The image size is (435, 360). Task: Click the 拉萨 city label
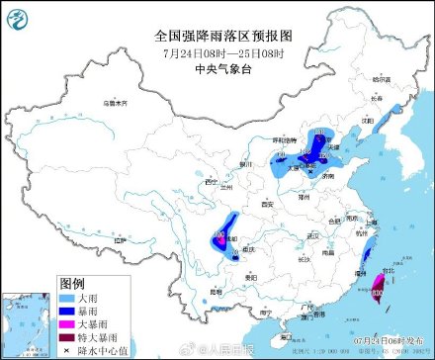click(121, 239)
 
